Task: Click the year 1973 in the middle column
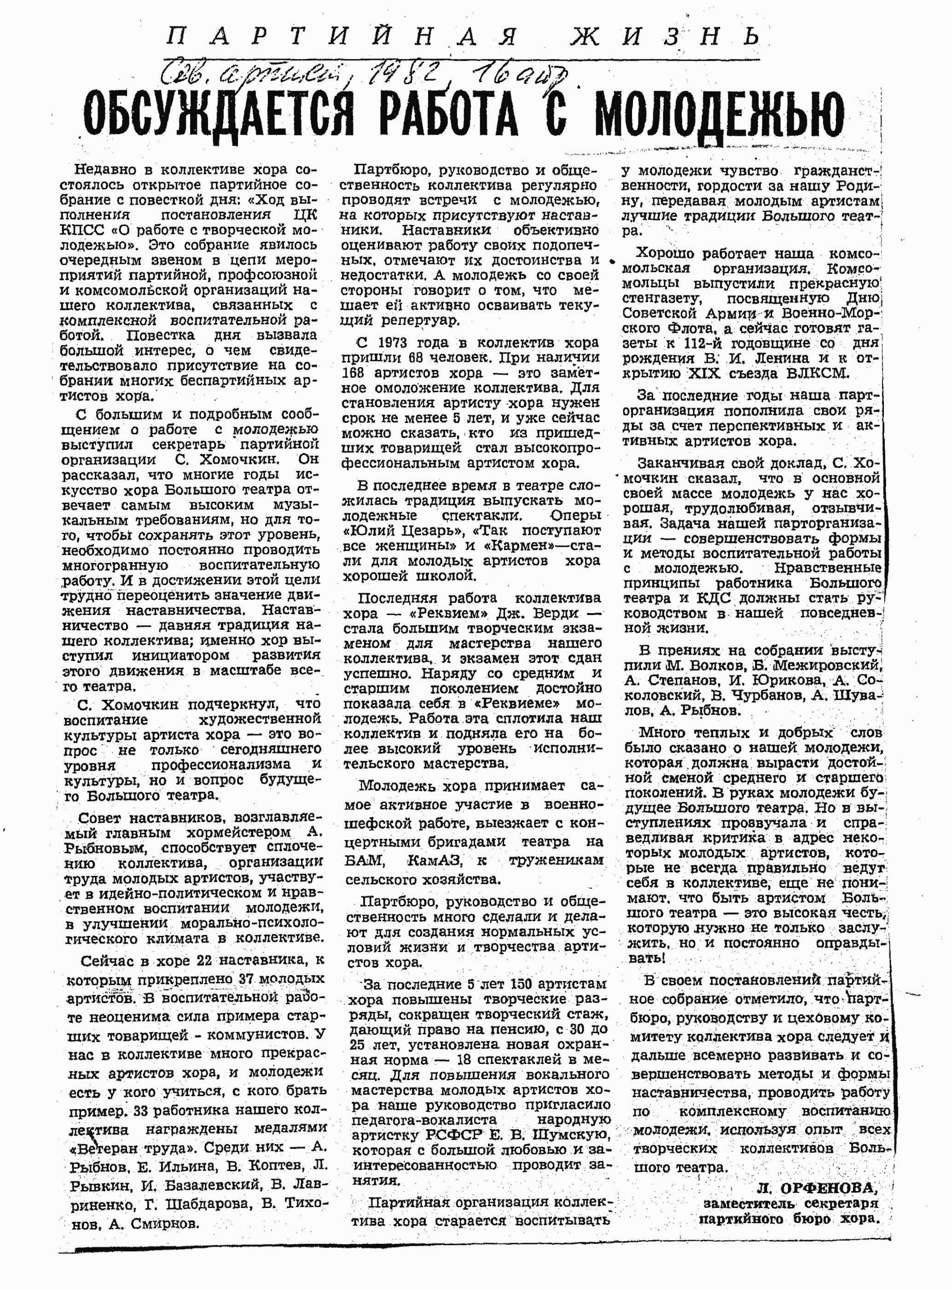(x=390, y=343)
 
